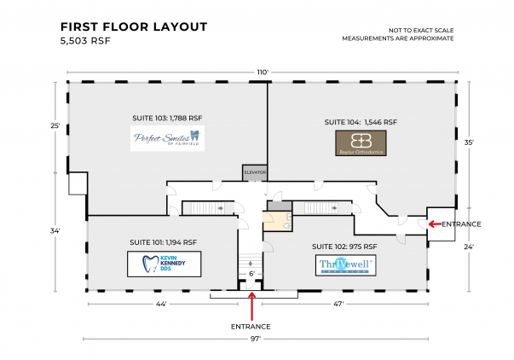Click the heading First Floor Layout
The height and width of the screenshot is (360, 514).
point(134,26)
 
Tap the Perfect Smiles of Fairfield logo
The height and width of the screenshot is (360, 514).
point(167,138)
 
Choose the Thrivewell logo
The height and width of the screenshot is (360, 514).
point(344,265)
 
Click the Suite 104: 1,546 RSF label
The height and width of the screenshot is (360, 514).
point(362,122)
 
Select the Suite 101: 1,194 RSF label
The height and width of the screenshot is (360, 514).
point(163,241)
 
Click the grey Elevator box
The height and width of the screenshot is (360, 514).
point(255,172)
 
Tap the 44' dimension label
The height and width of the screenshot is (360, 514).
point(160,304)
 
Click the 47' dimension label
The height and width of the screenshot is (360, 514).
point(338,304)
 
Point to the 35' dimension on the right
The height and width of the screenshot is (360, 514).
point(470,143)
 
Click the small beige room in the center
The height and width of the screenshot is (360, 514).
point(274,222)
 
